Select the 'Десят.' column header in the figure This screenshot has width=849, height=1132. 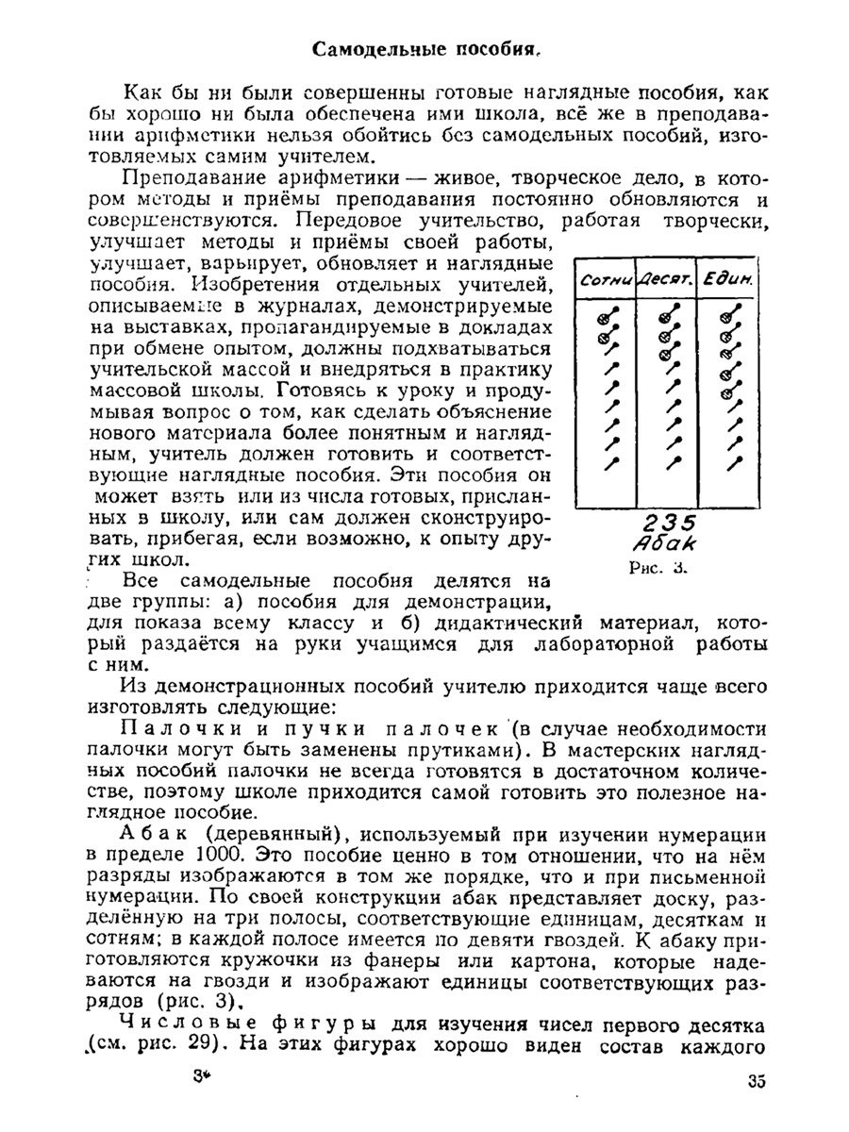coord(666,279)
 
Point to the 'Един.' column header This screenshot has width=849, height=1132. coord(725,279)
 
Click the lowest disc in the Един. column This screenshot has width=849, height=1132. coord(726,385)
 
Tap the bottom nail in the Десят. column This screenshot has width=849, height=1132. coord(673,462)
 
